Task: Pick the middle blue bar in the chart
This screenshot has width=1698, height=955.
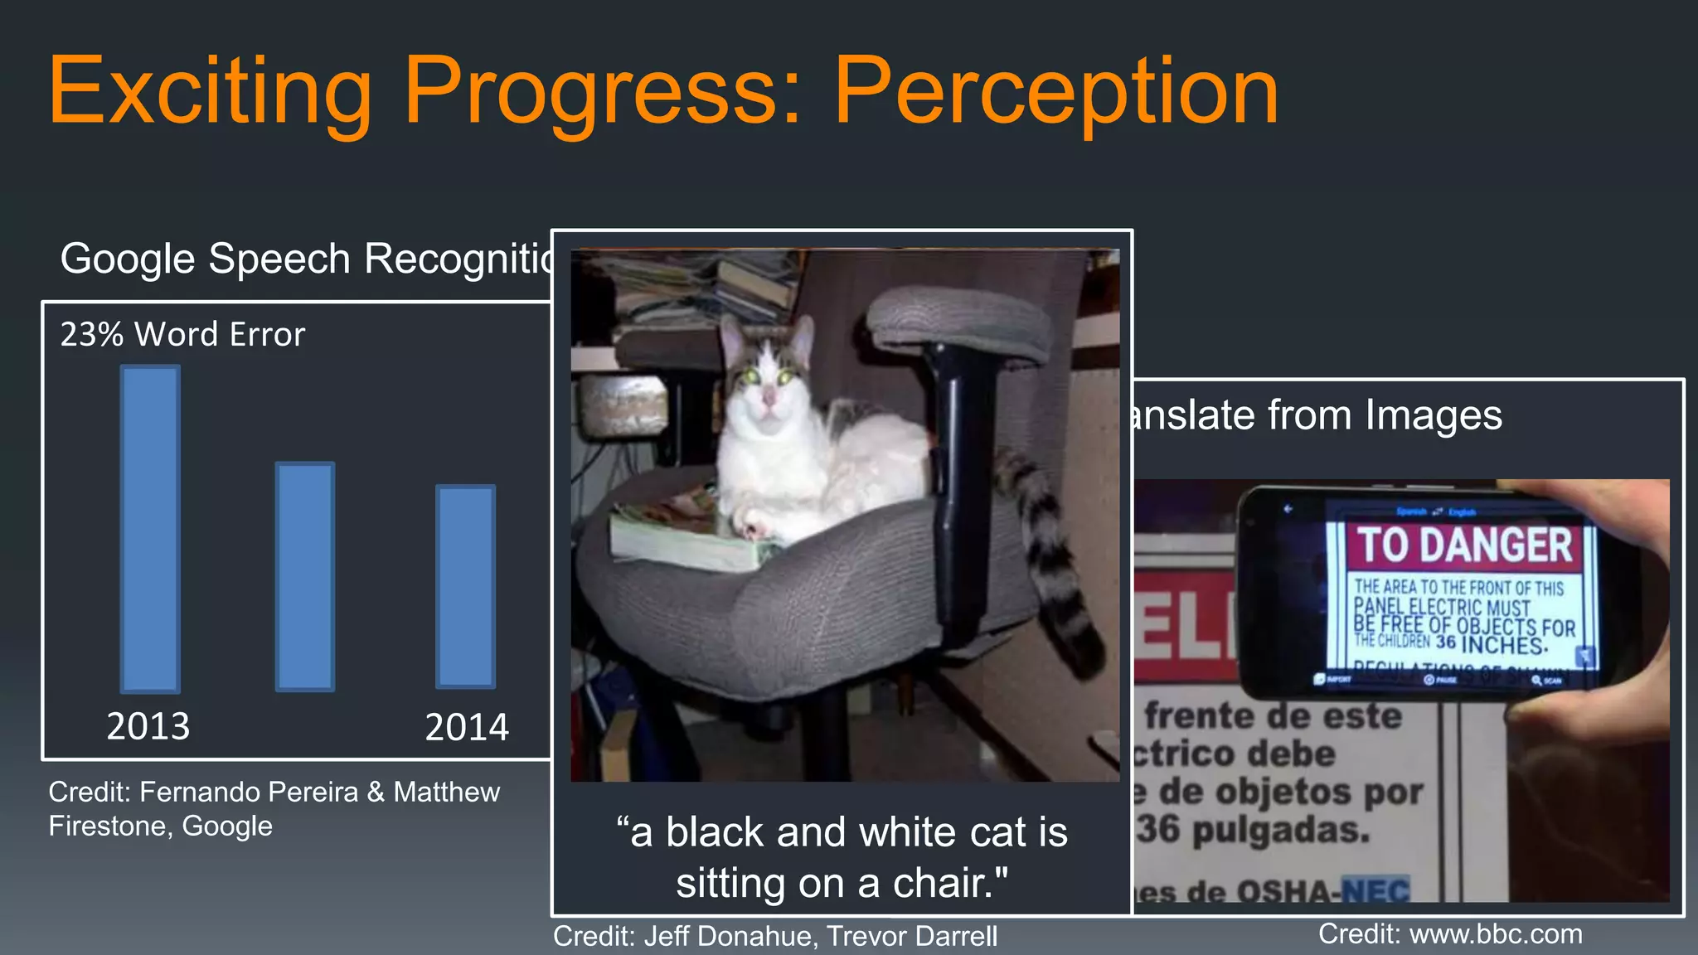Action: pyautogui.click(x=305, y=576)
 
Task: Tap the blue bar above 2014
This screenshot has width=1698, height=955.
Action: pyautogui.click(x=466, y=586)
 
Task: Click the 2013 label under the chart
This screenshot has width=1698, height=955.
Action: pyautogui.click(x=148, y=726)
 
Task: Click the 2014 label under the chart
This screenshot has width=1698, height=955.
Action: pyautogui.click(x=467, y=727)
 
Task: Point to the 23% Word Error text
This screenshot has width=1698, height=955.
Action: pyautogui.click(x=182, y=334)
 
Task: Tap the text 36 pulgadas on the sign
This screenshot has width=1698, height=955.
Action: pyautogui.click(x=1252, y=829)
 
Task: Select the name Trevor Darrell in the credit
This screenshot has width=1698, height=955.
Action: pyautogui.click(x=912, y=936)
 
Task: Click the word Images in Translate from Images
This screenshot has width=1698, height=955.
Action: pyautogui.click(x=1434, y=414)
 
